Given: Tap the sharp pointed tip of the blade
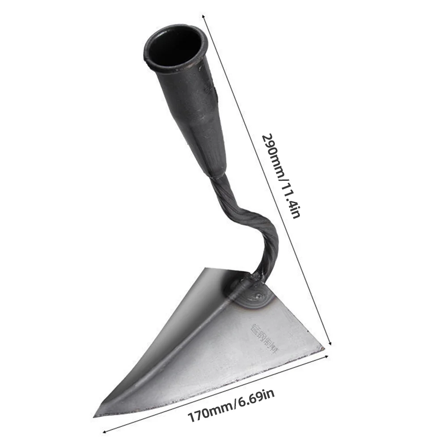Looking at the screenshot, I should pyautogui.click(x=96, y=415).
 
